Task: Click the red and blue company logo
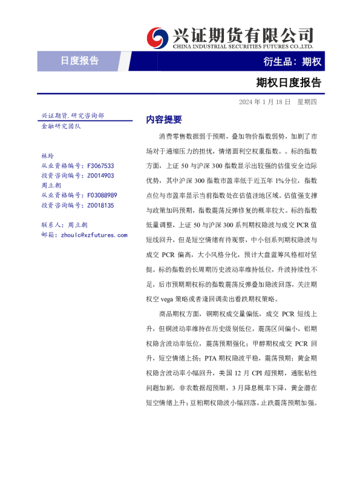159,37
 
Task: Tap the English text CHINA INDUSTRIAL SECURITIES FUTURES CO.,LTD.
243,46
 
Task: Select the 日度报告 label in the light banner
80,61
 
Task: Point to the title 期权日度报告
289,82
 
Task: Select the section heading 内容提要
164,120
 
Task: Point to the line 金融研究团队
61,126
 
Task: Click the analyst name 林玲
47,156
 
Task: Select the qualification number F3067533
101,166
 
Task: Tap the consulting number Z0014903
100,176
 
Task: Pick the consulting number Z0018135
100,205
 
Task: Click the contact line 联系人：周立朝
65,225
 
